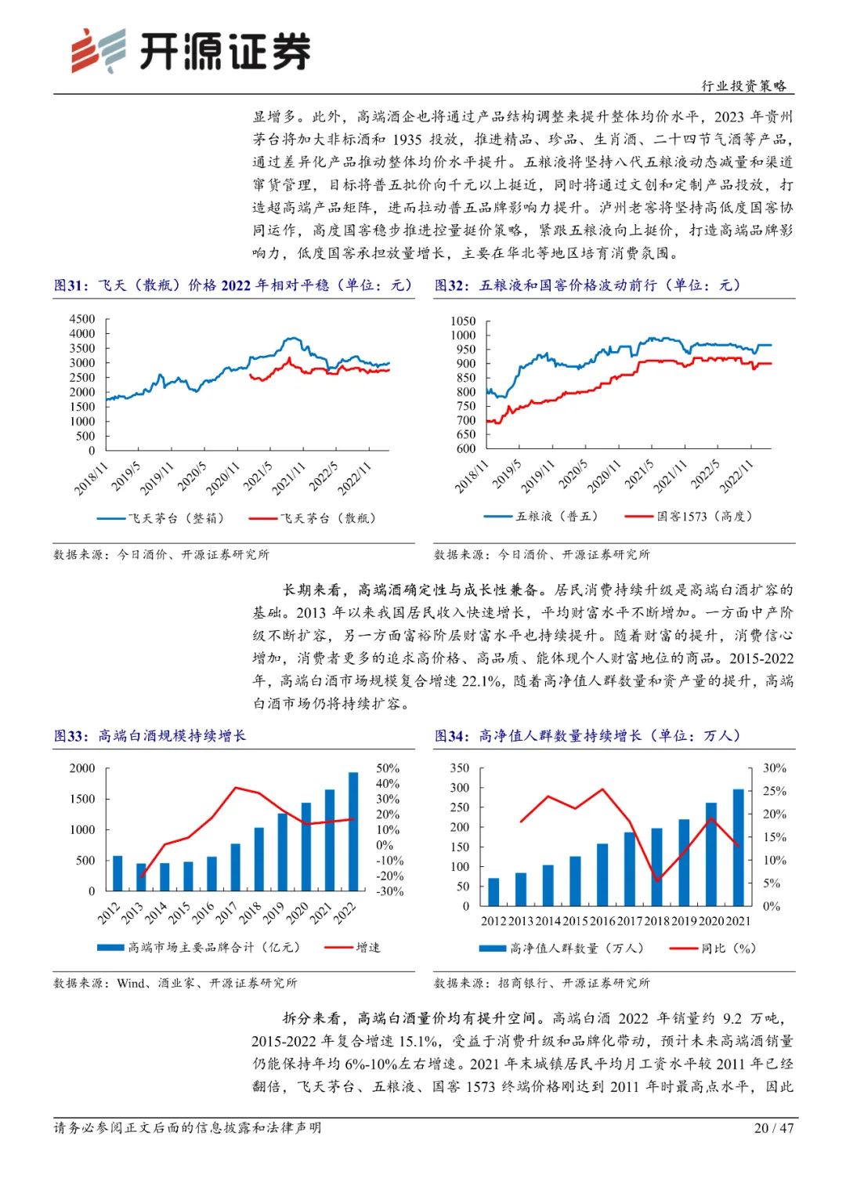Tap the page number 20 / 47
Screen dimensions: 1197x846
773,1128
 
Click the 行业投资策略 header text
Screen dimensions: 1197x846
743,86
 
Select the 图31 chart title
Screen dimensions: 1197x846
233,285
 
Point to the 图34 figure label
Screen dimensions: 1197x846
451,736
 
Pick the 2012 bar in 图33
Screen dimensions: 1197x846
117,873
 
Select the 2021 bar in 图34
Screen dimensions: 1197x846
738,847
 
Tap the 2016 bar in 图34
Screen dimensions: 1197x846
602,875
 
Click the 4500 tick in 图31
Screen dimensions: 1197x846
82,319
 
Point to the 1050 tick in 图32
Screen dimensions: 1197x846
463,321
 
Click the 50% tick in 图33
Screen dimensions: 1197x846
388,768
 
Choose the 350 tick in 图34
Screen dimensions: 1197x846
460,768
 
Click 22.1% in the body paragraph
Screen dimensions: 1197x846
481,681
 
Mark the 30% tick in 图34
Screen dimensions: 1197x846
774,768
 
